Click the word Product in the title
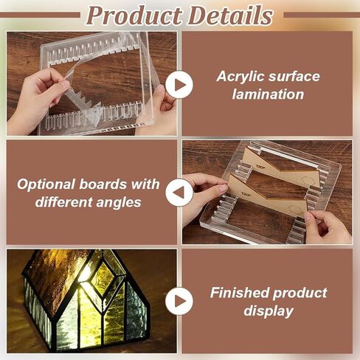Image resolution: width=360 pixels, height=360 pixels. coord(134,15)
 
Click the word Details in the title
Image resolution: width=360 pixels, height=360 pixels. coord(230,15)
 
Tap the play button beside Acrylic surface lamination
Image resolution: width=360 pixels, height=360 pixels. coord(179,85)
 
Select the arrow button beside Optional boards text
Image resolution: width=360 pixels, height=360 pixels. coord(179,193)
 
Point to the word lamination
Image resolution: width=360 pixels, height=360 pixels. coord(268,94)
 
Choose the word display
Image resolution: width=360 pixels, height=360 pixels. coord(269,311)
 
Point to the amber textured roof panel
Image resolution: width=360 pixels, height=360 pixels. coord(58,279)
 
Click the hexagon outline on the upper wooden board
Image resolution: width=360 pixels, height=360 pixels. coord(308,180)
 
